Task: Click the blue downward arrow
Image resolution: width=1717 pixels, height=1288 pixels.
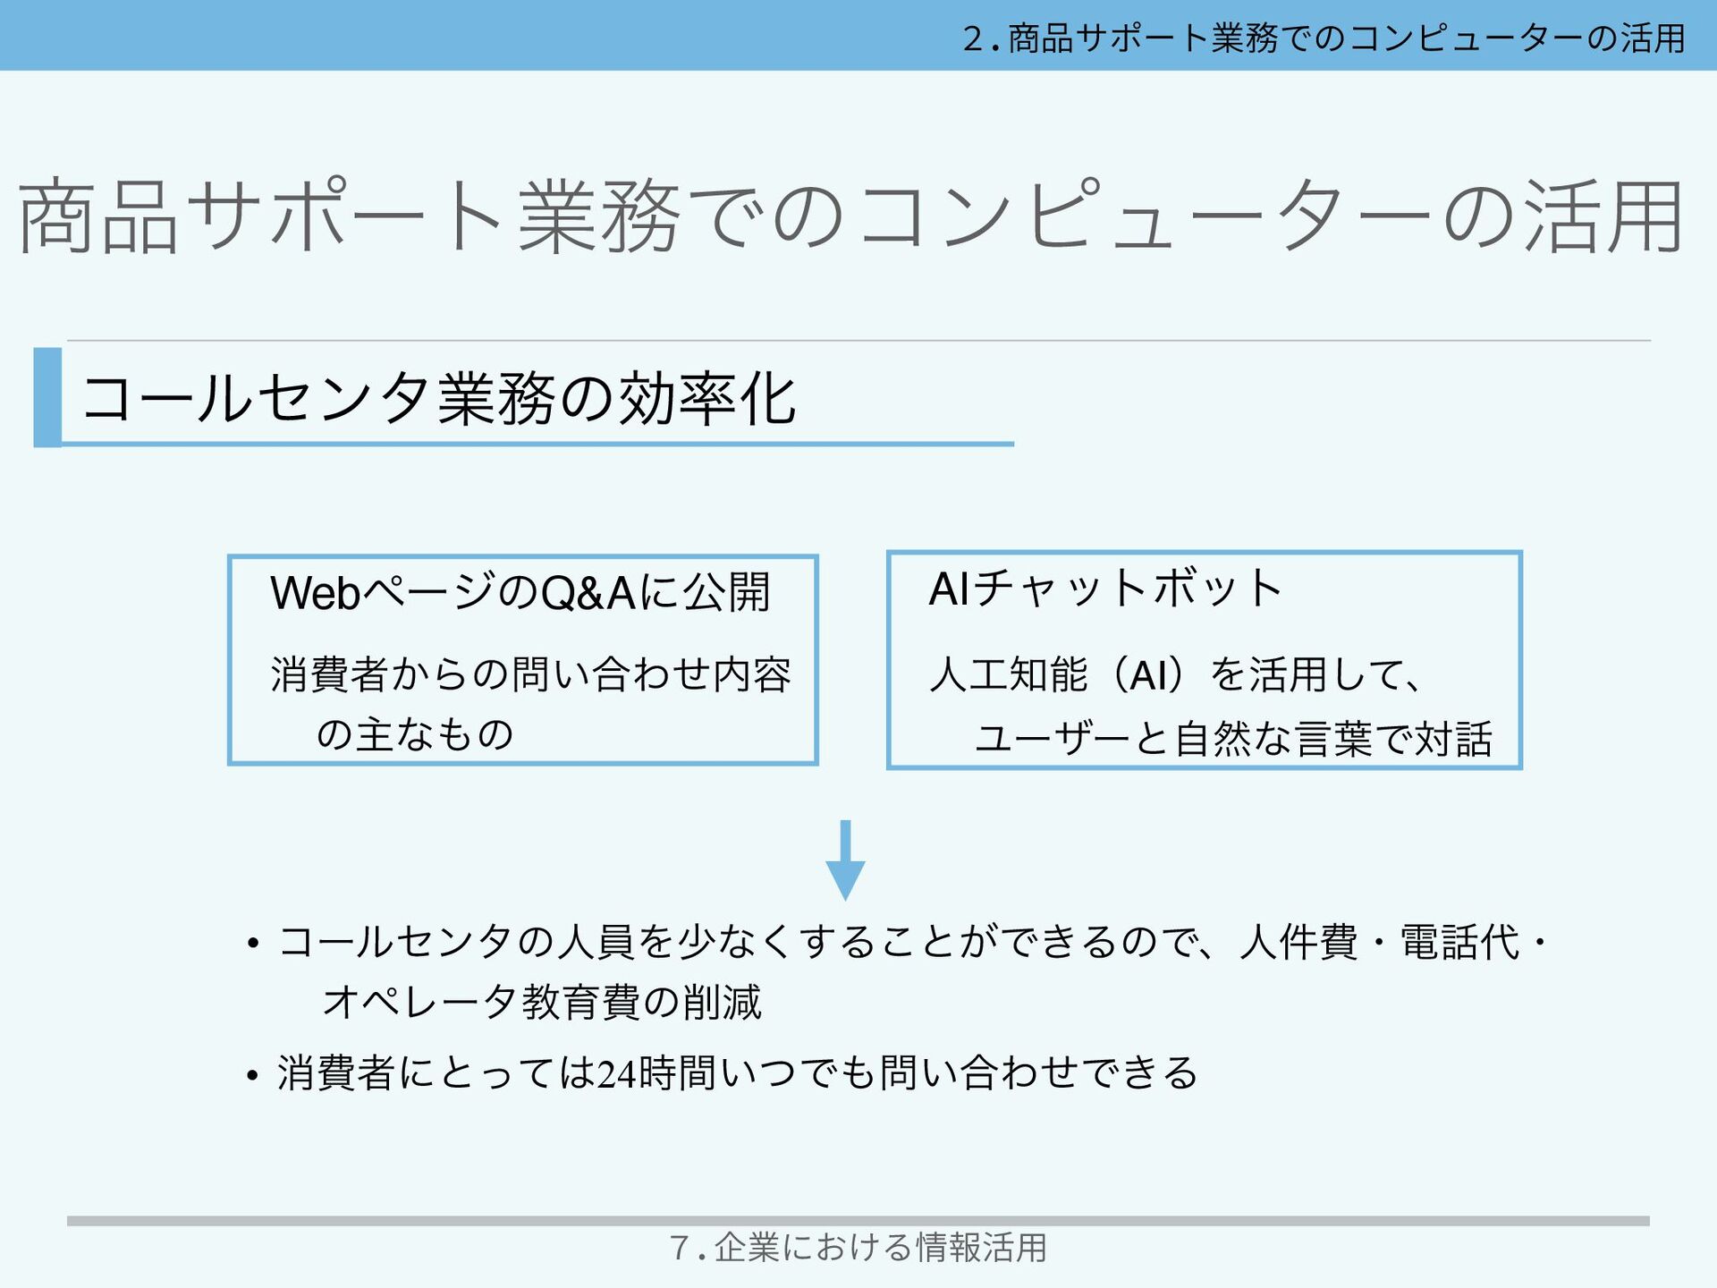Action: (x=845, y=860)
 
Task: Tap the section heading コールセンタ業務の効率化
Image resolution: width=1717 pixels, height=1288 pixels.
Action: (x=438, y=399)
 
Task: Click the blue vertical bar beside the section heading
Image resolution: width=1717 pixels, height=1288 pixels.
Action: (x=47, y=397)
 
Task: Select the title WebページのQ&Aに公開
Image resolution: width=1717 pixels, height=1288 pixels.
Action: (x=520, y=592)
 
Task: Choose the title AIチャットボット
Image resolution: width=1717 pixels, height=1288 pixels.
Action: (x=1105, y=589)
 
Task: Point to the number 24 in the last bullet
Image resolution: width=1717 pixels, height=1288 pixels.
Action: (x=617, y=1073)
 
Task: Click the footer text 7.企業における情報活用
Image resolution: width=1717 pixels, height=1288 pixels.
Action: (x=858, y=1247)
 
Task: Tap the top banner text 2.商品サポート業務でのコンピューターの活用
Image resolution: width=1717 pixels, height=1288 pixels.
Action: (x=1324, y=38)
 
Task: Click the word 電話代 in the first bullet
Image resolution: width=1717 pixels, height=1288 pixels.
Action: (x=1459, y=943)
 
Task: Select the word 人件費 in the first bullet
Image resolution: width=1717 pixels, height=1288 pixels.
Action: (x=1298, y=943)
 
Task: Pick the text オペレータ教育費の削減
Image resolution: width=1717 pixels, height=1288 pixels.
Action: (x=542, y=1002)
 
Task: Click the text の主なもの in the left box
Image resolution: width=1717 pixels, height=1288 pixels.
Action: (x=415, y=734)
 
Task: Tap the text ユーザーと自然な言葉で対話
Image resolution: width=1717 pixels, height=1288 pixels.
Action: (x=1233, y=739)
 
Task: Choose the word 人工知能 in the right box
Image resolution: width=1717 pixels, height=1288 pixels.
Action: (x=1008, y=674)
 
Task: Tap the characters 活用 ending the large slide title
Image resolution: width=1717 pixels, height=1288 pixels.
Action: (x=1604, y=216)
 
